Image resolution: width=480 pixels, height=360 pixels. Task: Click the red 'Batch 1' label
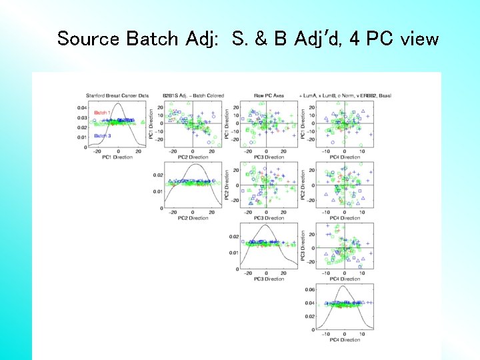[102, 113]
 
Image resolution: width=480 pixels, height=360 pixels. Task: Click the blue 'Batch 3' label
[102, 136]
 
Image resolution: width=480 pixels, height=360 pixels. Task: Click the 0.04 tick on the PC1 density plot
[81, 107]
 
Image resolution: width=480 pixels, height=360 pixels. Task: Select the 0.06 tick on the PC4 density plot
[310, 289]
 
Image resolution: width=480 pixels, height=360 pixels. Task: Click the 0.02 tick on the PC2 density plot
[159, 175]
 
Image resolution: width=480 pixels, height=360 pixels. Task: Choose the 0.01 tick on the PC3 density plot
[234, 253]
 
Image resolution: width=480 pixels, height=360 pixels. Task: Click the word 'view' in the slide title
[419, 39]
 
